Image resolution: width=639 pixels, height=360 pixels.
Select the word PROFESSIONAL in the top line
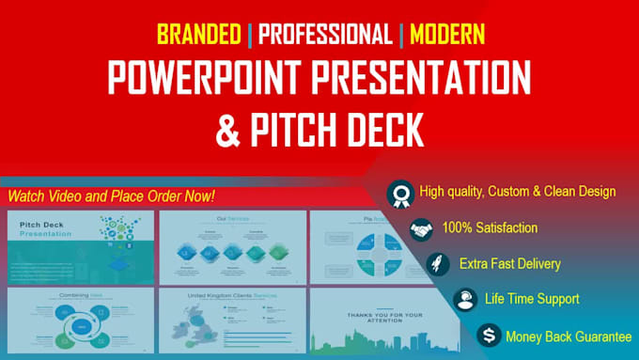tap(324, 37)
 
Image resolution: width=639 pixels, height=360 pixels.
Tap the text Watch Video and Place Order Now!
tap(112, 196)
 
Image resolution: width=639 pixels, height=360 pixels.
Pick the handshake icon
tap(421, 228)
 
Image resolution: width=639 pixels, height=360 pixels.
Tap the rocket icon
tap(438, 264)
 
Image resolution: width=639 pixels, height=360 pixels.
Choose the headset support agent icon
tap(463, 300)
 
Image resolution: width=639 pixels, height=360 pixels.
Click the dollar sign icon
tap(488, 336)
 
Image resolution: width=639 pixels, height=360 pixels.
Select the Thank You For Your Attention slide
tap(384, 320)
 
